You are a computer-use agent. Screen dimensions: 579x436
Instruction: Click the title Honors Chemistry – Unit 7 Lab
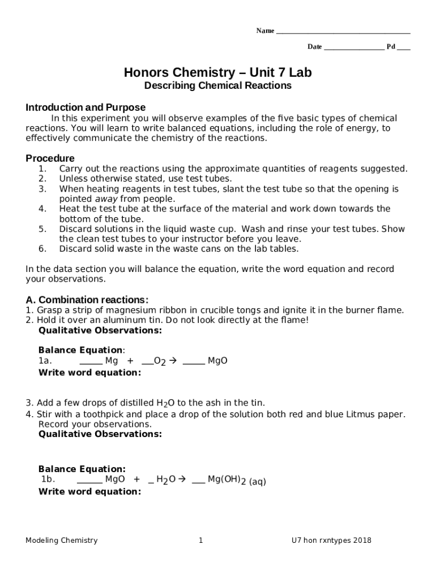click(218, 73)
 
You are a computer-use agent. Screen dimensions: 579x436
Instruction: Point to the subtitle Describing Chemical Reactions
click(218, 86)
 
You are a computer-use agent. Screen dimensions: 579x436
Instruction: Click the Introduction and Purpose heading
click(86, 107)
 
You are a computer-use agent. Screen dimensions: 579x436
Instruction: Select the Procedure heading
click(50, 158)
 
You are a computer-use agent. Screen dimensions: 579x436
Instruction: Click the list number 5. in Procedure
click(42, 229)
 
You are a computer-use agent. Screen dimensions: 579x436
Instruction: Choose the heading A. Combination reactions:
click(87, 300)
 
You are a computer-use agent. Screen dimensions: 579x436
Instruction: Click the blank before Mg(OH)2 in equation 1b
click(198, 481)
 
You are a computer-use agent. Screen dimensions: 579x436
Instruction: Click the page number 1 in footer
click(200, 541)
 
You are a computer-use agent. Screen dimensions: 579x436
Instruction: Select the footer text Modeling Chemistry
click(61, 541)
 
